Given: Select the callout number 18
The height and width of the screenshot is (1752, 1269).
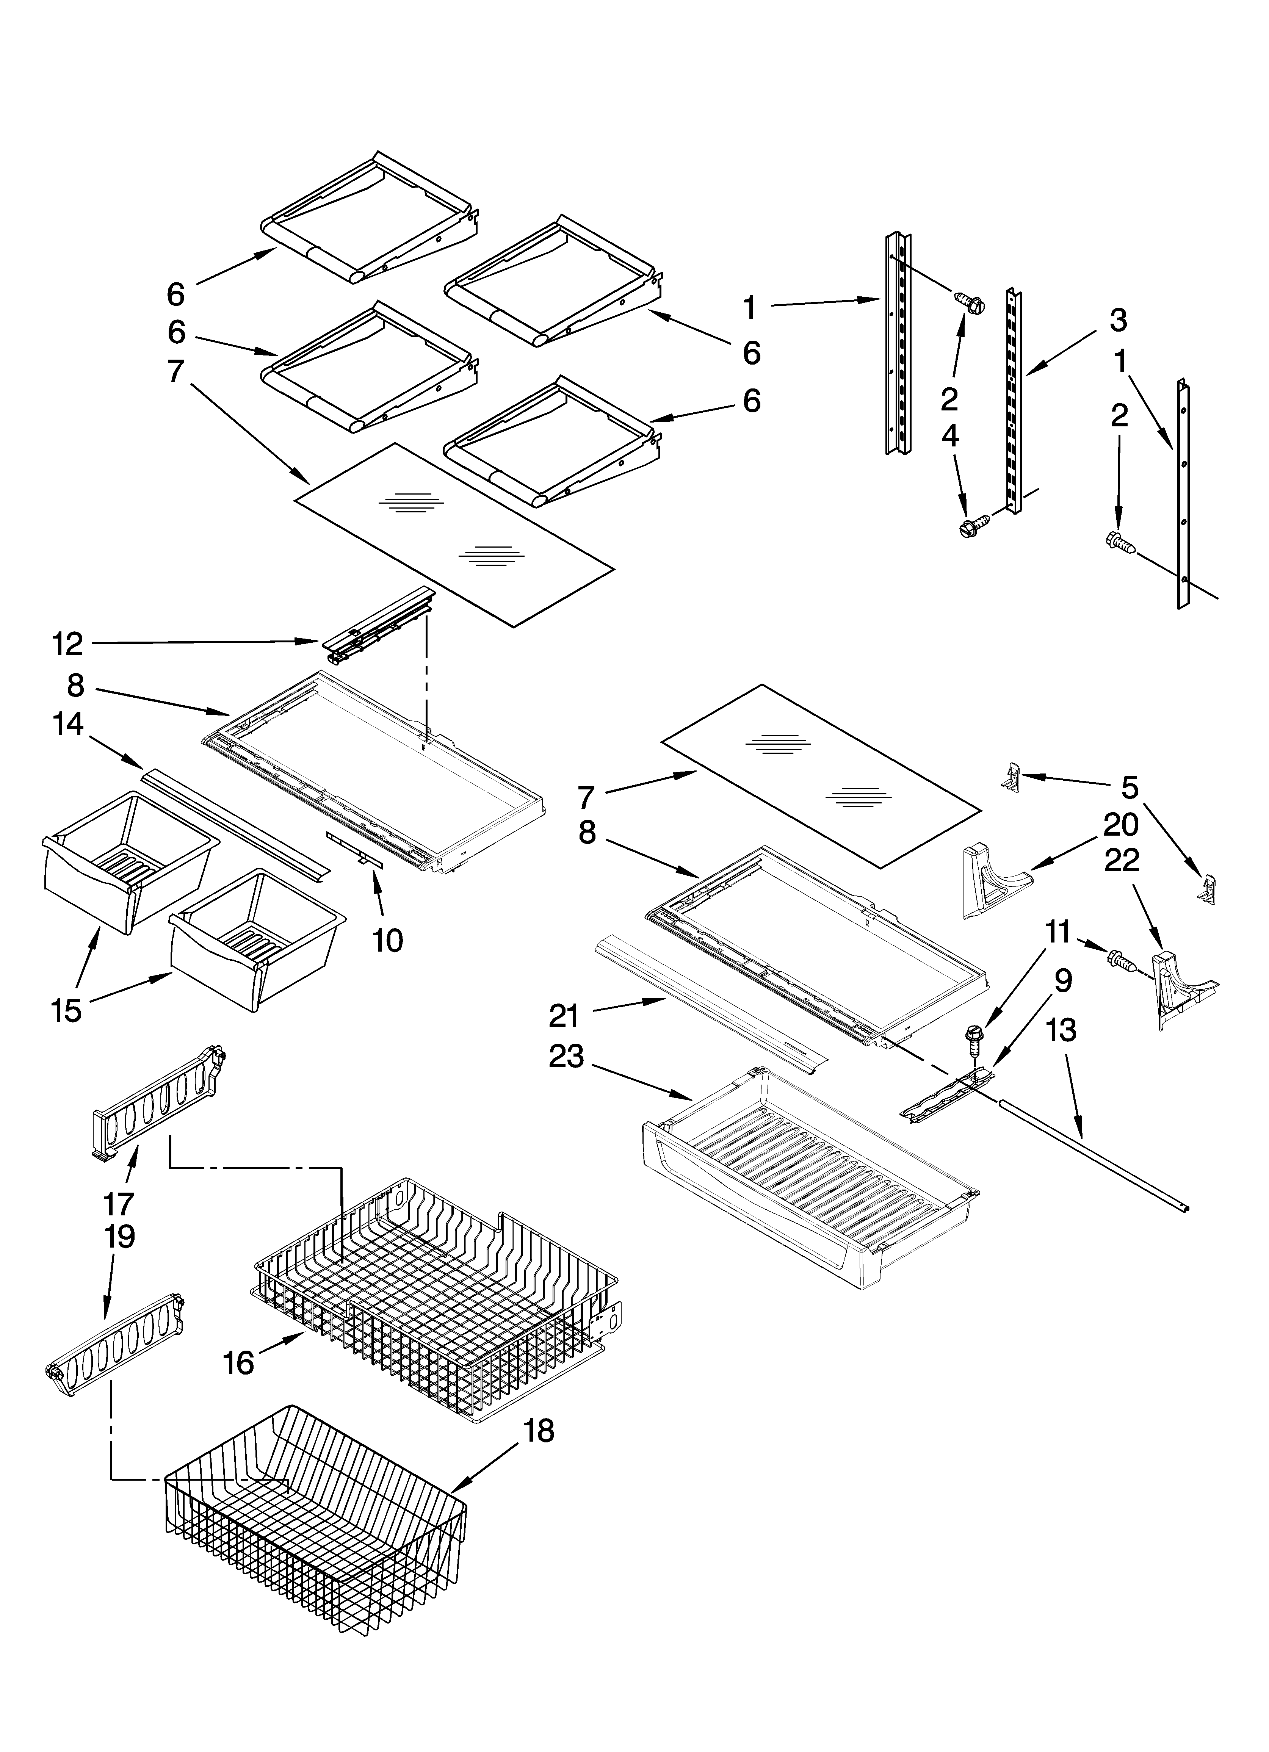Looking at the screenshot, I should [x=539, y=1431].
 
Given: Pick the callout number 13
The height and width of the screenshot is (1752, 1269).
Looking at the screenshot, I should [x=1063, y=1029].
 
